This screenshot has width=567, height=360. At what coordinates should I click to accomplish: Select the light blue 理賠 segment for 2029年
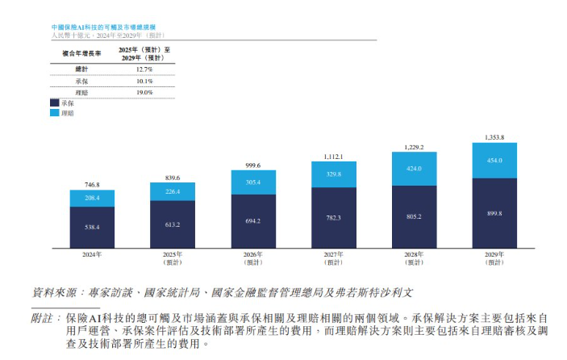click(x=494, y=161)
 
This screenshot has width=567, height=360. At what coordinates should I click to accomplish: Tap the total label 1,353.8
click(x=494, y=138)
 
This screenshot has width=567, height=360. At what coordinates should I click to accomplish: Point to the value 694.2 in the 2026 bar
click(x=253, y=220)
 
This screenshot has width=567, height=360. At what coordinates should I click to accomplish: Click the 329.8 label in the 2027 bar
click(x=334, y=174)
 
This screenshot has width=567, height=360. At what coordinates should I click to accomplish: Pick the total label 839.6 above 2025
click(x=173, y=178)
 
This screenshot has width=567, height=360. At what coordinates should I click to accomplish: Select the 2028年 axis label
click(x=415, y=254)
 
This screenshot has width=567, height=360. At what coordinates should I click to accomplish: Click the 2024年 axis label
click(x=92, y=254)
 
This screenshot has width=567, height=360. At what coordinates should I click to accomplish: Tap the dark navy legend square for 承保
click(x=54, y=103)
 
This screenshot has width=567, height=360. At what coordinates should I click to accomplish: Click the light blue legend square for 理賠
click(x=54, y=114)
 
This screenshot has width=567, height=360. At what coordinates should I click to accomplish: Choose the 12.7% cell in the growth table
click(x=144, y=69)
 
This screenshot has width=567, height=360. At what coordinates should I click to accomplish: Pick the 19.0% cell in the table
click(x=144, y=93)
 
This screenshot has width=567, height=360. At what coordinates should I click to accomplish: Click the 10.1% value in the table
click(x=144, y=82)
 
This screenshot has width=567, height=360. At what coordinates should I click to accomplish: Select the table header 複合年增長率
click(x=81, y=54)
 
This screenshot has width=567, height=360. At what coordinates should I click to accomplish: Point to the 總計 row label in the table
click(x=81, y=69)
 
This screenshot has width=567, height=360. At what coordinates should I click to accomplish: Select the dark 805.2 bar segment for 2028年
click(x=415, y=216)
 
